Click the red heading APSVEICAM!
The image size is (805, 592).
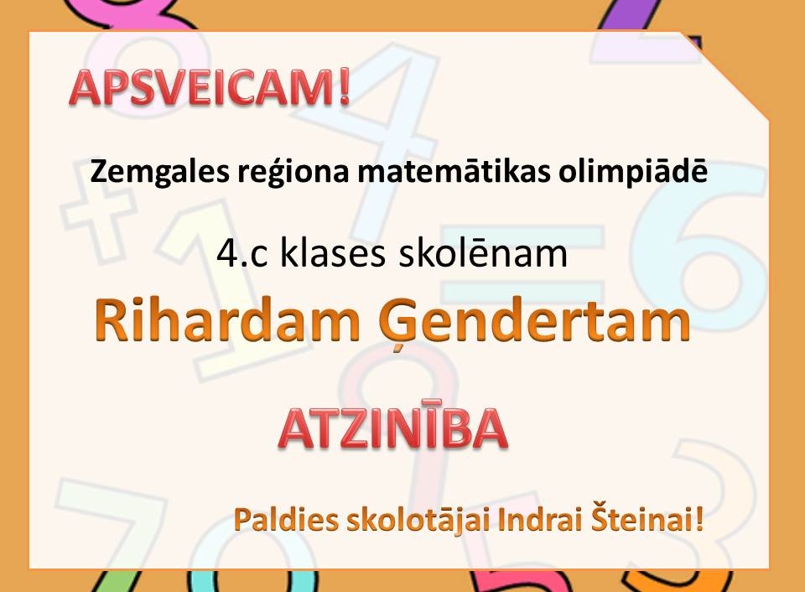coord(210,87)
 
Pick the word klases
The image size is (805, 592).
coord(332,253)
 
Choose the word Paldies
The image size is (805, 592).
coord(287,521)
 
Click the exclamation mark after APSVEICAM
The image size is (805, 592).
coord(344,88)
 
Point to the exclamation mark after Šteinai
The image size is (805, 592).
coord(698,521)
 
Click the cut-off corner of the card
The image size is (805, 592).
coord(725,77)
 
